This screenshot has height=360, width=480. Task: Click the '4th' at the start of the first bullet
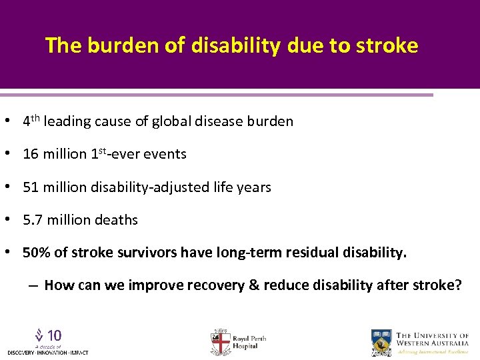[31, 121]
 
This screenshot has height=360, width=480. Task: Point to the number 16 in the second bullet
[31, 154]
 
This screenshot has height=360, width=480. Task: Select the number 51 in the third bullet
[31, 187]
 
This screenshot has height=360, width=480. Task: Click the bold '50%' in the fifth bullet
[35, 253]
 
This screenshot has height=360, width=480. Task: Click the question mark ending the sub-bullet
[457, 285]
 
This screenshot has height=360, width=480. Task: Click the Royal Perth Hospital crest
[220, 342]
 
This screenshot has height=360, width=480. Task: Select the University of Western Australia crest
[381, 342]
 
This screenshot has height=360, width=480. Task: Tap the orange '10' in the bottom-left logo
[55, 335]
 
